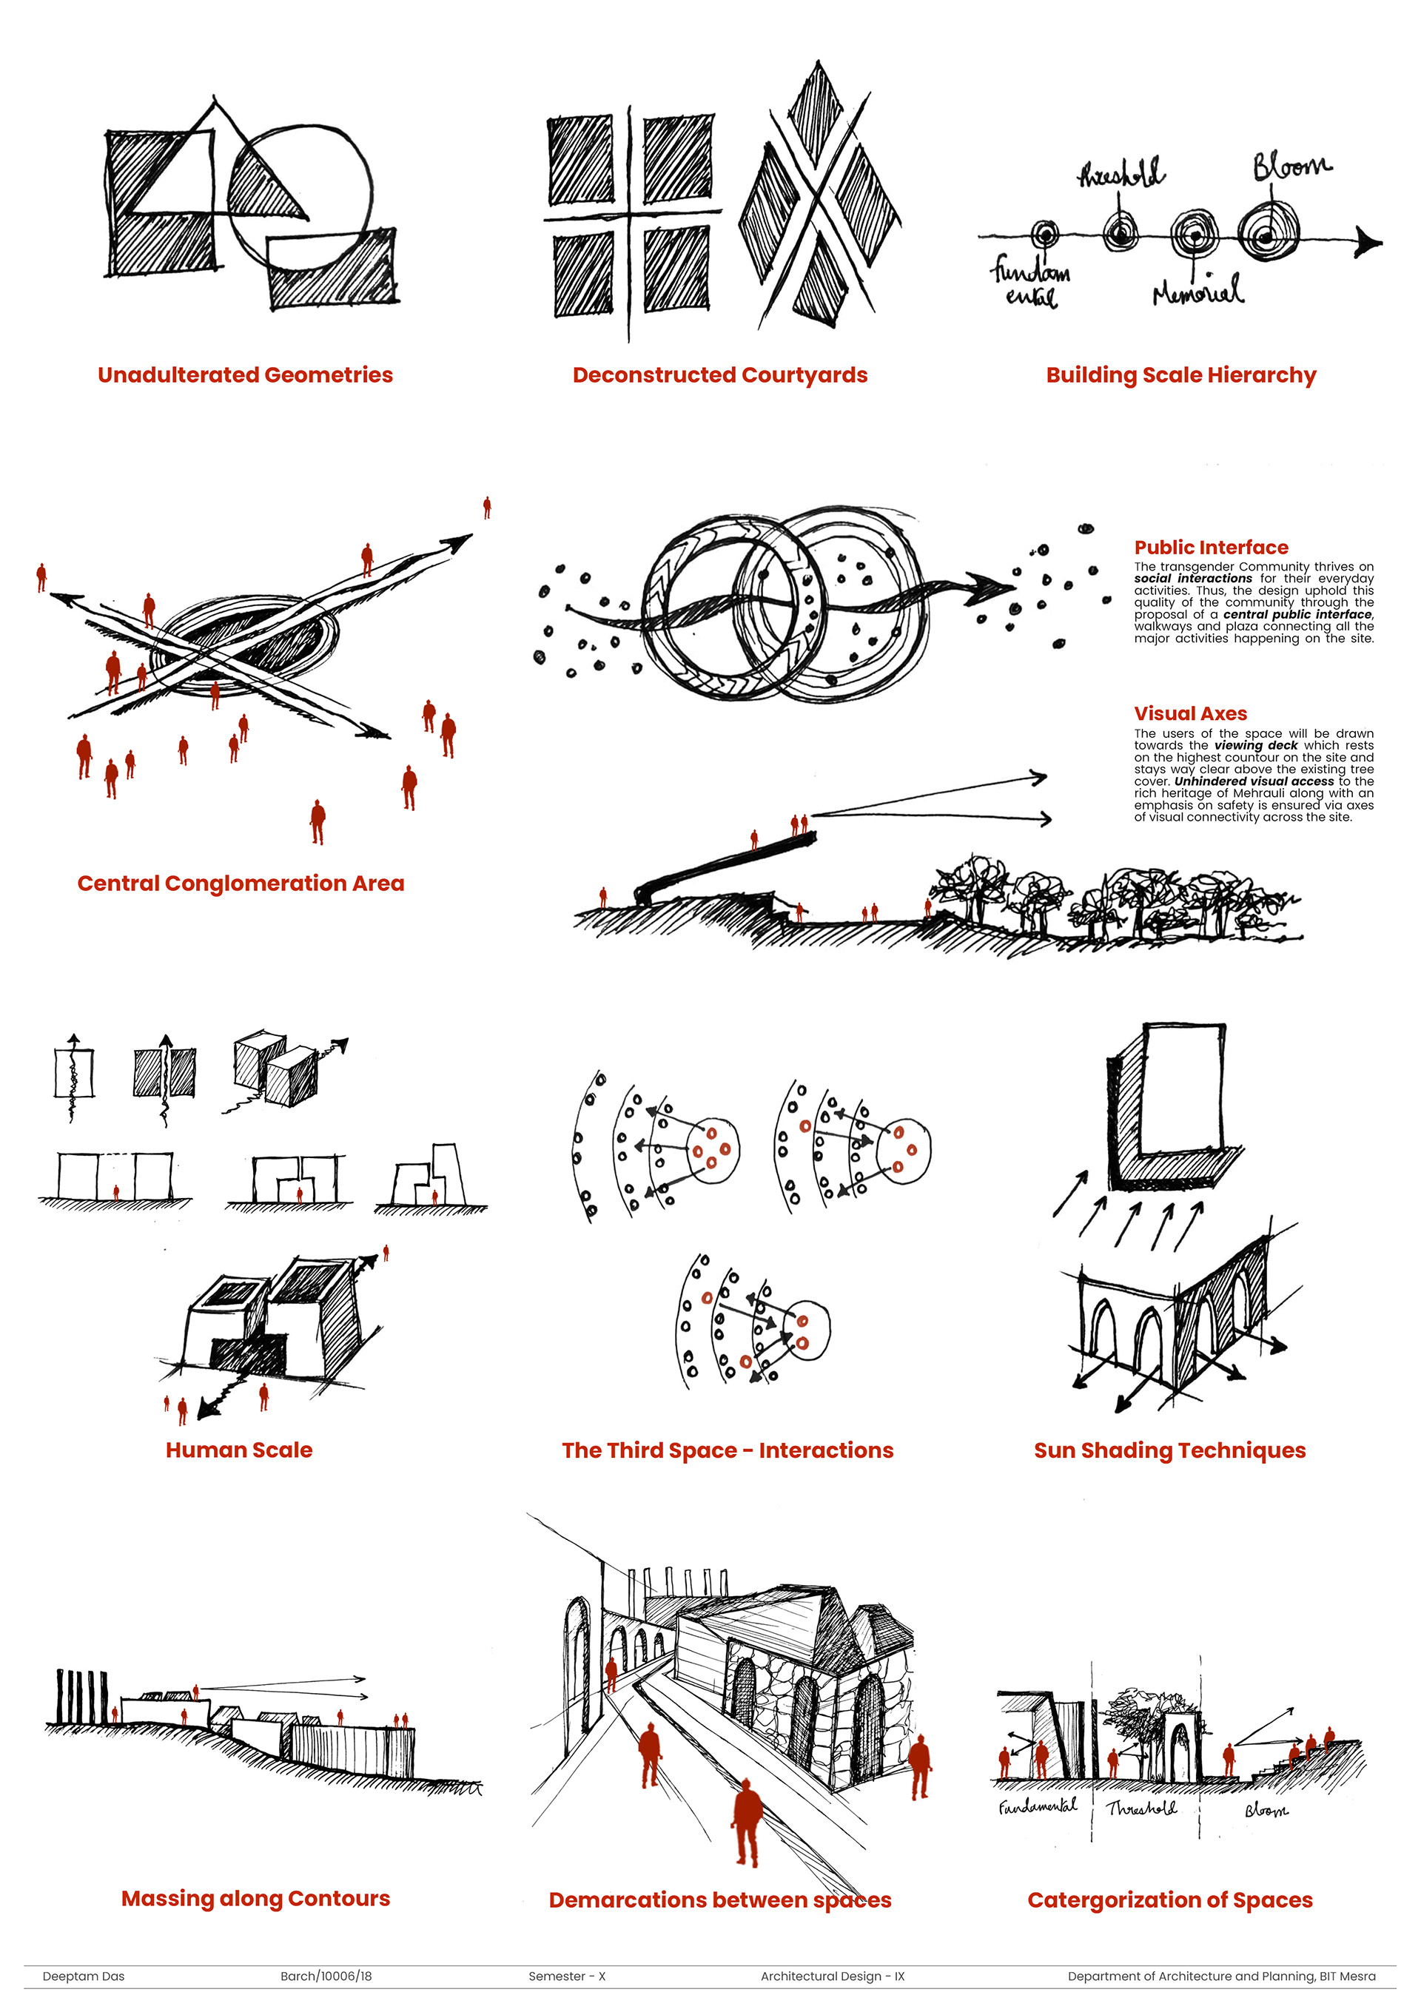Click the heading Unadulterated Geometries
(x=246, y=375)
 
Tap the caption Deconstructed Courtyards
(x=719, y=375)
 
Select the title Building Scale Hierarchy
(x=1180, y=375)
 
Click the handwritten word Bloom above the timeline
(x=1291, y=165)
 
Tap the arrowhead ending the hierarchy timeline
(x=1368, y=241)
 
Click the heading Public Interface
(x=1211, y=548)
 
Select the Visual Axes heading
(x=1190, y=713)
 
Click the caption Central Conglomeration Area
(x=241, y=884)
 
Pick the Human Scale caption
(x=239, y=1450)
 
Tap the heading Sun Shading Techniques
(x=1169, y=1451)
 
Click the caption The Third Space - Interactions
(x=728, y=1451)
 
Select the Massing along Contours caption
(x=256, y=1899)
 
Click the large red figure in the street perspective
(x=747, y=1823)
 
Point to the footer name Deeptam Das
(x=84, y=1976)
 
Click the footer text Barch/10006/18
(x=326, y=1976)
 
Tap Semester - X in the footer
(x=567, y=1976)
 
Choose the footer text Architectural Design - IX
(x=833, y=1976)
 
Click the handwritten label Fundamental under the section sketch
(x=1038, y=1806)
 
